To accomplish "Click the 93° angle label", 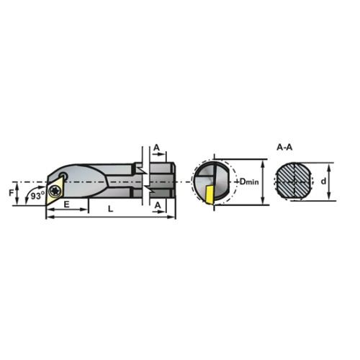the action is pos(37,196).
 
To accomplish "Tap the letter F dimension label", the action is pos(11,193).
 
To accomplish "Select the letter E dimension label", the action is pos(66,204).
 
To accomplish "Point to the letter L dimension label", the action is pos(110,209).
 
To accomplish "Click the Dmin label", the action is pos(249,181).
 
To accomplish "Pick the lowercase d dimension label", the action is pos(323,181).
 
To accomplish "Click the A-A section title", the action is pos(284,147).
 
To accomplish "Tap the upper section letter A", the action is pos(156,148).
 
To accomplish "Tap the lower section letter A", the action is pos(158,205).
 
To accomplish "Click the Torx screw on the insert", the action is pos(53,191).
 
